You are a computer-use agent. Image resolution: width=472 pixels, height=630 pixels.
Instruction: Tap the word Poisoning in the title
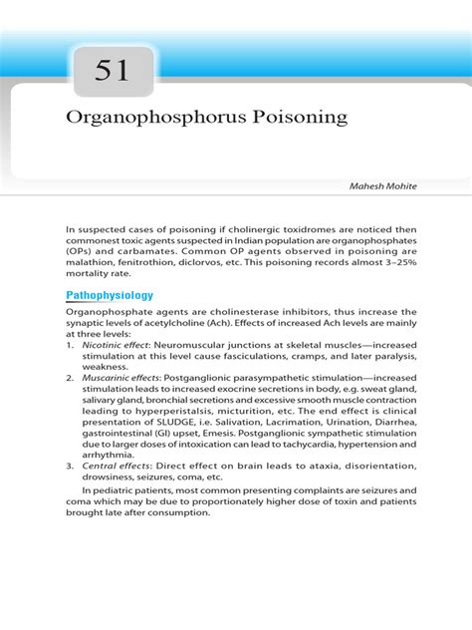click(x=298, y=118)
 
